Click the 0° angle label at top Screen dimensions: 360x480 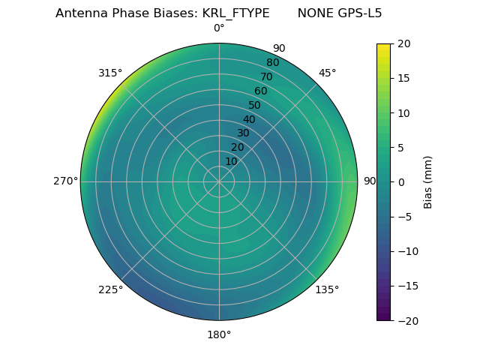tap(219, 28)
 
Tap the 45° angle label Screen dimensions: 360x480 tap(328, 73)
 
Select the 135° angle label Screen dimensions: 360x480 tap(327, 289)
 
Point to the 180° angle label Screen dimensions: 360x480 tap(219, 334)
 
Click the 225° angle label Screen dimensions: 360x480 tap(110, 289)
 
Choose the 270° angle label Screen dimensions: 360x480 tap(65, 181)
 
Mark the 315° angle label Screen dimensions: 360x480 tap(110, 73)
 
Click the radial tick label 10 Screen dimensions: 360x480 tap(232, 161)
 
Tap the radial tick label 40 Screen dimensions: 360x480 tap(249, 119)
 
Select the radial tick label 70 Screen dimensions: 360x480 tap(266, 76)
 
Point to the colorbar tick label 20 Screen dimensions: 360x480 tap(403, 43)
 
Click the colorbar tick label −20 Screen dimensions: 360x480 tap(406, 320)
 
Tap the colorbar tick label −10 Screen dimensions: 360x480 tap(406, 251)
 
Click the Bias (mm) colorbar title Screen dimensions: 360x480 tap(428, 182)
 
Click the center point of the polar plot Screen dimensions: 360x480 tap(219, 181)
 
